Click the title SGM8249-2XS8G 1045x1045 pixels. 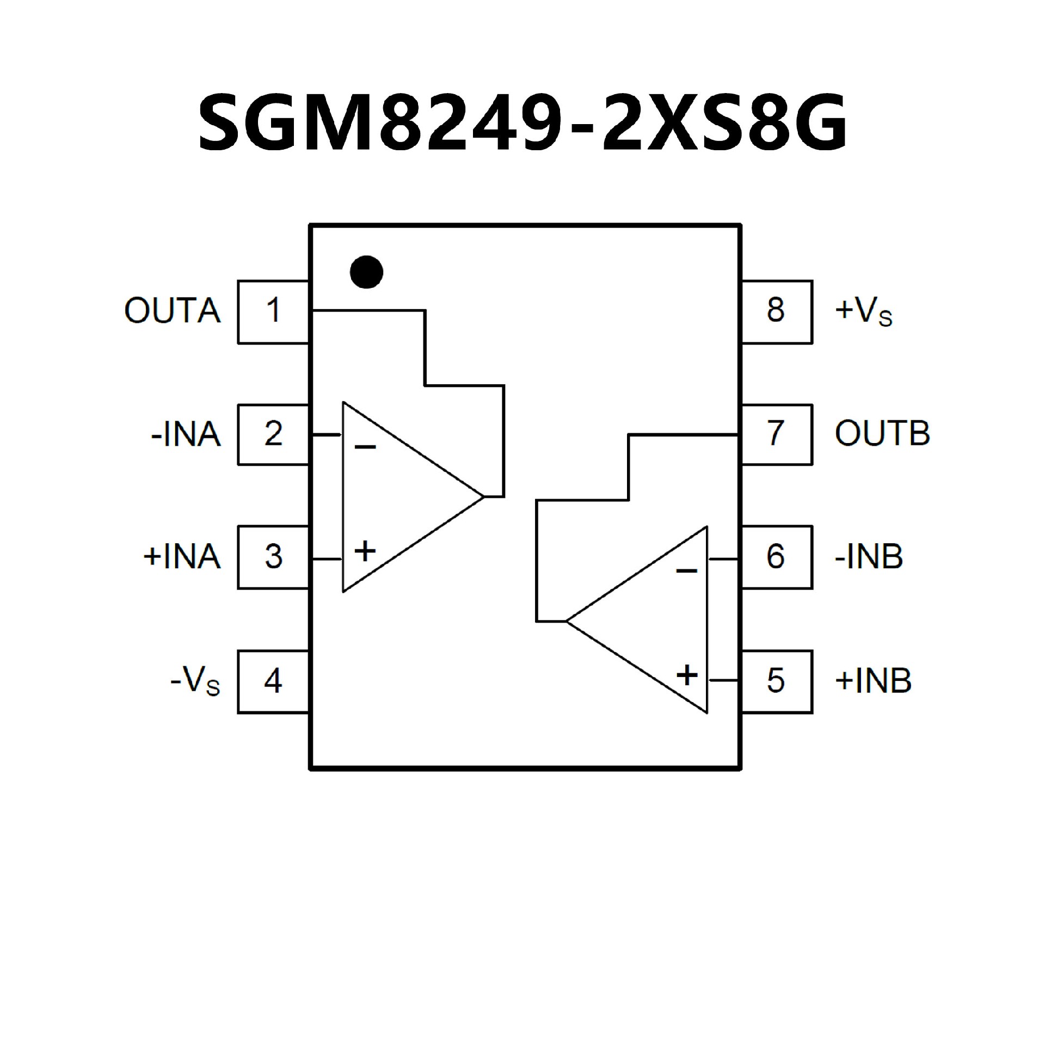coord(522,122)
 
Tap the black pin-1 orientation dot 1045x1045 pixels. coord(366,272)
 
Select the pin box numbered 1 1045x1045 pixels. coord(273,311)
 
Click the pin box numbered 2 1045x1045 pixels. coord(273,434)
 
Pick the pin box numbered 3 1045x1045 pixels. coord(273,557)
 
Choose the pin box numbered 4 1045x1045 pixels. coord(273,681)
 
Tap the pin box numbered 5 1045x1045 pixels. coord(776,681)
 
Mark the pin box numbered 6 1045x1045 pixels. coord(776,557)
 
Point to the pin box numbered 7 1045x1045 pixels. coord(776,434)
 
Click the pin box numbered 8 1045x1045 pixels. coord(776,311)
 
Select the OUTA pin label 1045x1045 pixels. coord(173,311)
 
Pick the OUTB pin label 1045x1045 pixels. coord(882,434)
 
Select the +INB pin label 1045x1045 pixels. coord(873,681)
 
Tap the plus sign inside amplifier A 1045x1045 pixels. coord(365,551)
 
